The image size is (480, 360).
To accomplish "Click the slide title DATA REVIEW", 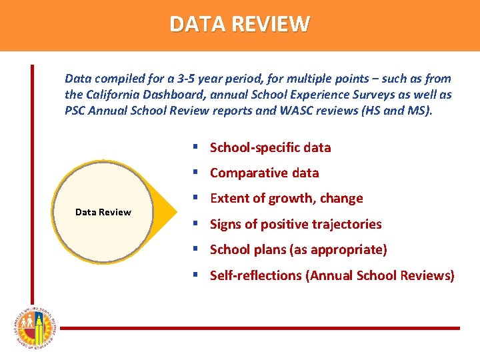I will [239, 25].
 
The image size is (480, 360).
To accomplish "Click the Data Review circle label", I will [103, 212].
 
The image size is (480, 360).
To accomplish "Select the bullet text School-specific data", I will [270, 147].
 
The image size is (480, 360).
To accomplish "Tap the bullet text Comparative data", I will [264, 173].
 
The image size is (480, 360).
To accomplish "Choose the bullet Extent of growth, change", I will [286, 198].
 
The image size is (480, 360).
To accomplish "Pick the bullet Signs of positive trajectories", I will [295, 224].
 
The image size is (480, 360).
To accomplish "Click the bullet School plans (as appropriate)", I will [298, 249].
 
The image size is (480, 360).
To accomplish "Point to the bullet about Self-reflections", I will [332, 275].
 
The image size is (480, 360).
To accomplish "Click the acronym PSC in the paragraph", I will [75, 110].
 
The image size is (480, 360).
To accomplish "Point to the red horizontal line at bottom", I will [260, 328].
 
